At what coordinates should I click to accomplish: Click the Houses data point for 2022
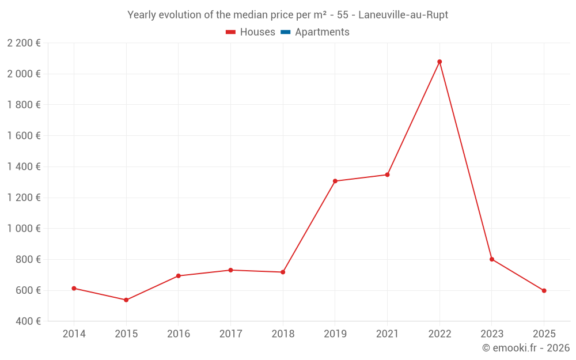(439, 62)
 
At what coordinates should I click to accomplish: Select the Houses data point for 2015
(126, 300)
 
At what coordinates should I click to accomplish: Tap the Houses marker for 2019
(335, 181)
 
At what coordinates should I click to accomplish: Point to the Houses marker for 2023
(492, 259)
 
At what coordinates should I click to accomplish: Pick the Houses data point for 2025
(544, 291)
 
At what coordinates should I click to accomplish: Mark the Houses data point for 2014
(74, 289)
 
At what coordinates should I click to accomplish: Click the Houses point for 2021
(387, 175)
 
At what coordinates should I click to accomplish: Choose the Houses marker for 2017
(230, 270)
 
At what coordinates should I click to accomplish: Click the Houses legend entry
(251, 32)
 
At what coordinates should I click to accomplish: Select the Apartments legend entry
(315, 32)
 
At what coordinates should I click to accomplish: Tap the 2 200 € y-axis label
(24, 43)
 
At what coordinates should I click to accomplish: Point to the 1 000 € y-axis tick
(24, 229)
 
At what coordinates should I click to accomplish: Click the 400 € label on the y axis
(28, 321)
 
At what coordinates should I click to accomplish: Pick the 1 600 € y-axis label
(24, 136)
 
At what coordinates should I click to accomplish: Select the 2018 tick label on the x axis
(283, 334)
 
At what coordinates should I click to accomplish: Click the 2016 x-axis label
(178, 334)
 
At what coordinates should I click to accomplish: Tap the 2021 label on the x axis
(387, 334)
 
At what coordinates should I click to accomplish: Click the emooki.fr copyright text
(525, 348)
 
